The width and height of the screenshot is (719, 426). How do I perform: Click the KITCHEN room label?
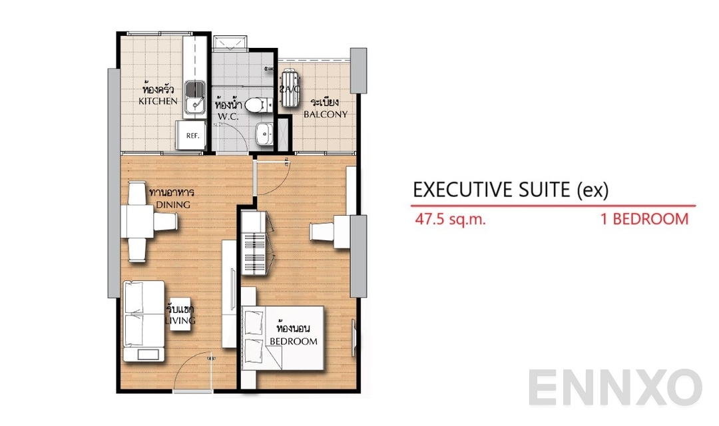[x=158, y=101]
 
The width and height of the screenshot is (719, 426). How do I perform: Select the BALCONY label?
[x=326, y=114]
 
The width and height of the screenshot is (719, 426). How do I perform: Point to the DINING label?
[x=172, y=204]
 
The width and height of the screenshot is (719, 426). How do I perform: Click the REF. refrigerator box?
[x=192, y=136]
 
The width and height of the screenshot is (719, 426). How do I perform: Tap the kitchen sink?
[x=195, y=97]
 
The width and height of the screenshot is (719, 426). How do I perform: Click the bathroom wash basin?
[x=265, y=134]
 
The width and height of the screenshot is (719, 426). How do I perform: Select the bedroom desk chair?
[x=324, y=231]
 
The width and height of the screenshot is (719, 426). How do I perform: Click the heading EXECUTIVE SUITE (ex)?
[x=511, y=190]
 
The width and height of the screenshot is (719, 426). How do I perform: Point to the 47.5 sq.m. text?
[x=449, y=219]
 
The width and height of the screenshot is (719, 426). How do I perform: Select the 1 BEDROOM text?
[x=644, y=219]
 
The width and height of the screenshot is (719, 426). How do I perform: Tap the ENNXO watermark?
[x=616, y=388]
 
